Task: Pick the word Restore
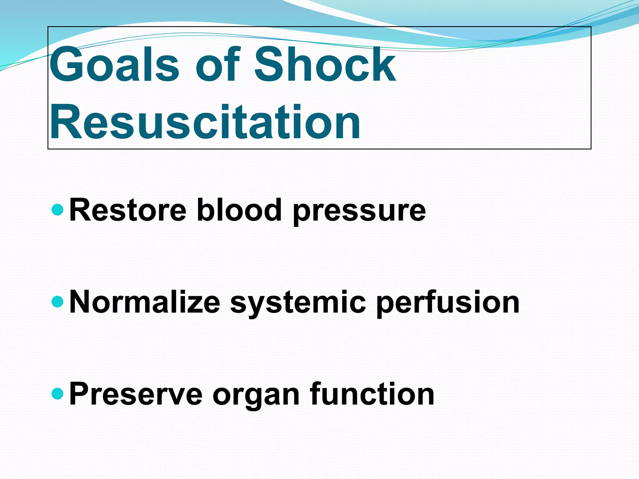click(x=128, y=210)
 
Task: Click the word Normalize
click(x=145, y=302)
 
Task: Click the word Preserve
click(x=136, y=394)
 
